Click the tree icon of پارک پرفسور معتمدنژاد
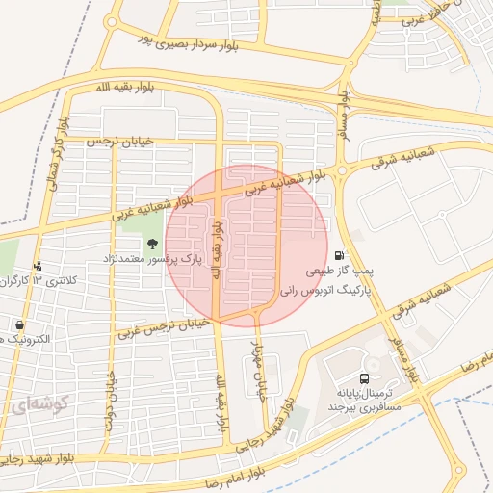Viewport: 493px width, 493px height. coord(152,241)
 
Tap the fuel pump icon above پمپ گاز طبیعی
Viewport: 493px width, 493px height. coord(338,255)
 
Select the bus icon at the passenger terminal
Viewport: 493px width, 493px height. coord(364,378)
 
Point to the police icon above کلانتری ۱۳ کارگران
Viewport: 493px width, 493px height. coord(38,265)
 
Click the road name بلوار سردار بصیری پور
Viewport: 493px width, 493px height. coord(197,39)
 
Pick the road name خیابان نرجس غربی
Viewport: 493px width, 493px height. coord(163,327)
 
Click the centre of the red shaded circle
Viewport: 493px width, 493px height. coord(246,246)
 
